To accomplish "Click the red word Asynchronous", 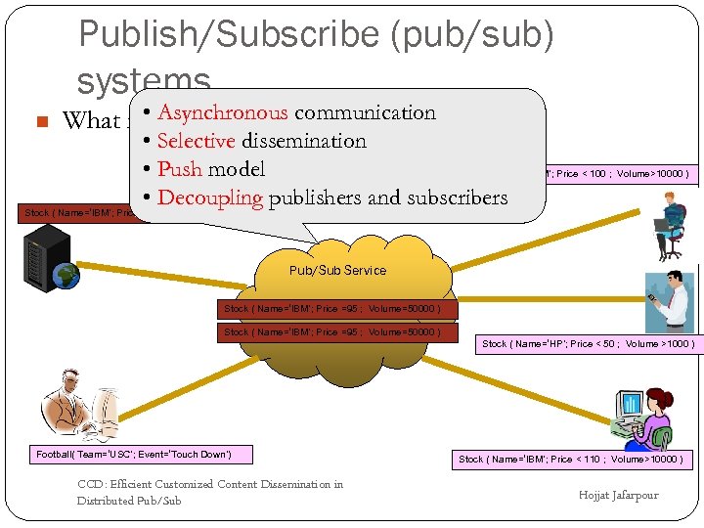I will tap(223, 112).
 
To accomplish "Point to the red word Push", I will tap(180, 169).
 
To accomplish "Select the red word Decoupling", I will tap(210, 198).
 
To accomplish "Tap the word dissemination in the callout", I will tap(304, 141).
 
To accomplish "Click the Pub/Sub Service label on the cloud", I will tap(337, 270).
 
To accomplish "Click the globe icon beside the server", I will tap(67, 275).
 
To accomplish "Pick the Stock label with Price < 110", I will tap(572, 459).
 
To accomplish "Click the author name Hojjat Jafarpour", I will tap(618, 495).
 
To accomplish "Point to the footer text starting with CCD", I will tap(210, 492).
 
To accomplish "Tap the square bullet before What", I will tap(41, 122).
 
